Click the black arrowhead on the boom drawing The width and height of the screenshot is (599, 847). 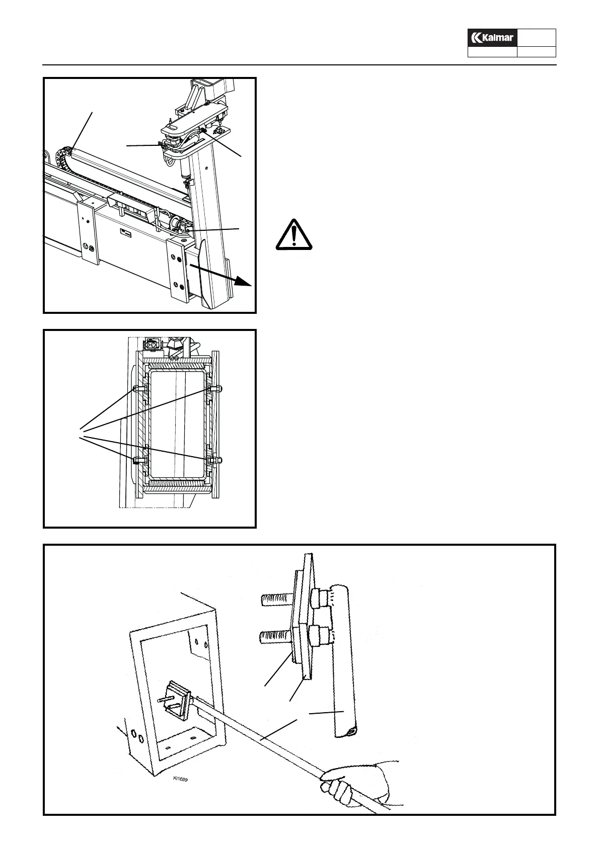[x=245, y=283]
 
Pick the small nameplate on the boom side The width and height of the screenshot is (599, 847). [x=125, y=233]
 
